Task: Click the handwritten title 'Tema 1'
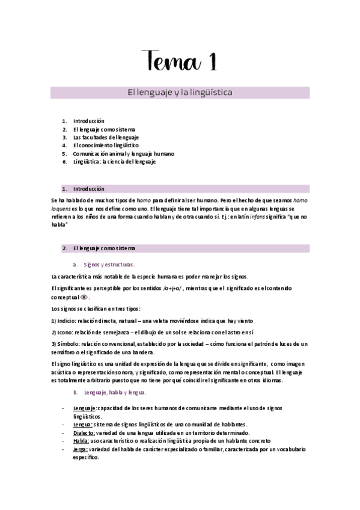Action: [x=180, y=61]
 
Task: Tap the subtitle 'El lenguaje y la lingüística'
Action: [x=180, y=93]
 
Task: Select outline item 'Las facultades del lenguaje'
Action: [x=105, y=137]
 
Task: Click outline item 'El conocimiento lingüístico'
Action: [x=105, y=146]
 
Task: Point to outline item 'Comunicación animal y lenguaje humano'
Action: [x=123, y=154]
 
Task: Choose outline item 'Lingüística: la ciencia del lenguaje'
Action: [x=114, y=162]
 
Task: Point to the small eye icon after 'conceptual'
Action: [x=84, y=297]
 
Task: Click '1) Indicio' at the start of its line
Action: [x=66, y=321]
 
